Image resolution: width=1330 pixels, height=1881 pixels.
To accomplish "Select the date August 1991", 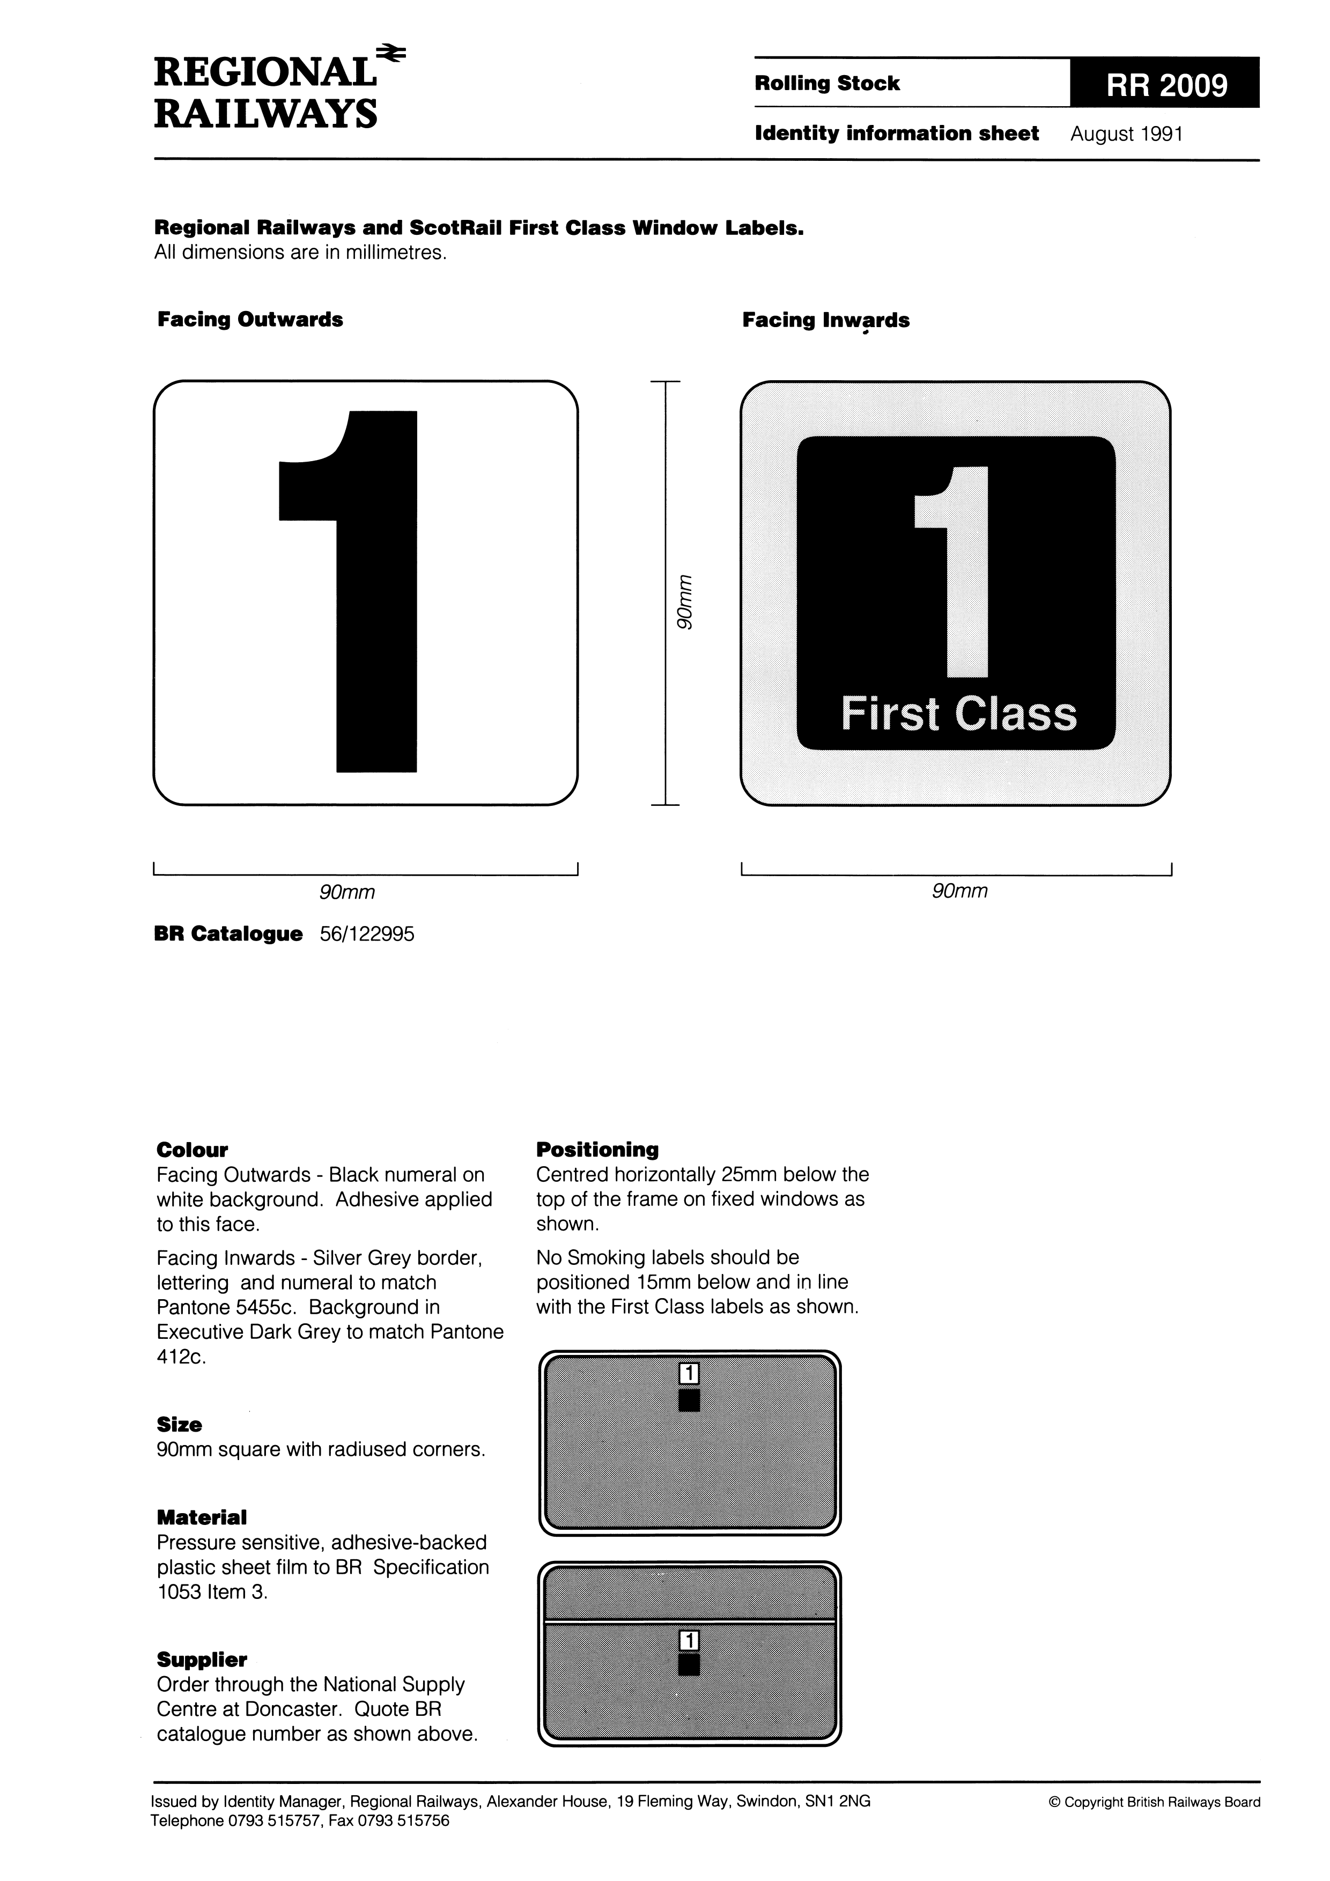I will (1126, 135).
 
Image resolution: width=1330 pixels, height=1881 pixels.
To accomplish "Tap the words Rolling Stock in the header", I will (827, 84).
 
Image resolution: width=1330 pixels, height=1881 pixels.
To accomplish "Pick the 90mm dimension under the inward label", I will (959, 891).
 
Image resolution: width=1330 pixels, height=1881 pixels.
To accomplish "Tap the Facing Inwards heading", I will (825, 320).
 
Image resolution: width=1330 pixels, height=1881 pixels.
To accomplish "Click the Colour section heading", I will (192, 1150).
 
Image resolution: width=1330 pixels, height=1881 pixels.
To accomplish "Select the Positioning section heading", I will (597, 1150).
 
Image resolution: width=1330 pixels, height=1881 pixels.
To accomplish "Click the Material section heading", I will (202, 1518).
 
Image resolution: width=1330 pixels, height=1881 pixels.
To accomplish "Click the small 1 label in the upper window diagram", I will (689, 1373).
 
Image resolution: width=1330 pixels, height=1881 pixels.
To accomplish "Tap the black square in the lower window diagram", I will (689, 1665).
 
